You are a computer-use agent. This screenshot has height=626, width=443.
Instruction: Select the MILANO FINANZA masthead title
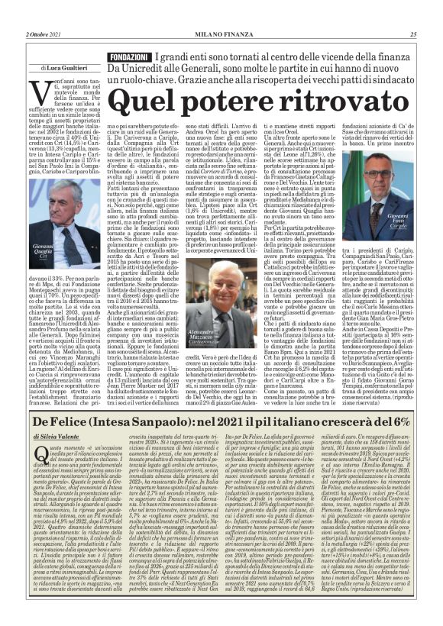pyautogui.click(x=221, y=34)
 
